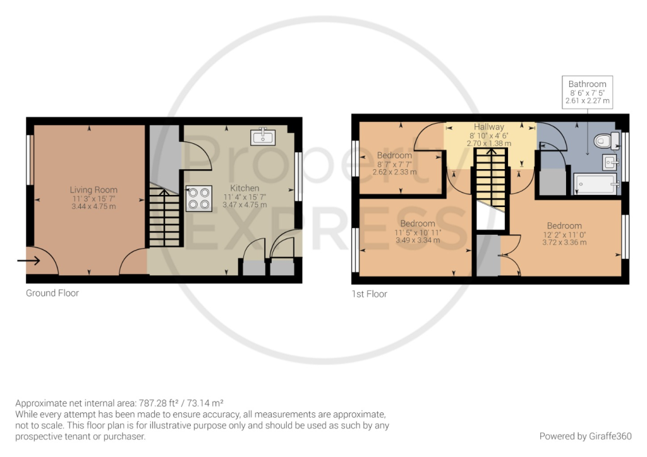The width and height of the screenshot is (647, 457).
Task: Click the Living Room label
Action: [x=94, y=189]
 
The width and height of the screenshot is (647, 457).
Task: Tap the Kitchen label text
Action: [x=245, y=188]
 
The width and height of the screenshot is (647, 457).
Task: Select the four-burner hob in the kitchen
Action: [x=198, y=198]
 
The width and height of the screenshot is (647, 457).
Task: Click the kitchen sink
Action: [x=262, y=136]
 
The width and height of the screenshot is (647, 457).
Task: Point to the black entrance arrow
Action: [x=28, y=259]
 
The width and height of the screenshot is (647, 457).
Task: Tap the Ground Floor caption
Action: [x=52, y=293]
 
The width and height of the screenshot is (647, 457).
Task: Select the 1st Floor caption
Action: [x=370, y=294]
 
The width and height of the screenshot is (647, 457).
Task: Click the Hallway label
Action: [x=489, y=127]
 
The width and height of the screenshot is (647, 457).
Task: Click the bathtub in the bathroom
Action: [x=594, y=185]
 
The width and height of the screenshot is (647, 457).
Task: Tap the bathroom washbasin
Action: [x=610, y=162]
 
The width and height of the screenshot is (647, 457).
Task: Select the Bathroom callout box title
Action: [x=587, y=84]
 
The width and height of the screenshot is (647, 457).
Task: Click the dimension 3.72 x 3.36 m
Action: [x=564, y=242]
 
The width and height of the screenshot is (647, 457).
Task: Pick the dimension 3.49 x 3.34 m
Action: [x=417, y=240]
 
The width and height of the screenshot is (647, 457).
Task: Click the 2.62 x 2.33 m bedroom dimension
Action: [x=394, y=172]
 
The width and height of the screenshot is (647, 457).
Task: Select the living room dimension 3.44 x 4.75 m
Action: [x=94, y=206]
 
